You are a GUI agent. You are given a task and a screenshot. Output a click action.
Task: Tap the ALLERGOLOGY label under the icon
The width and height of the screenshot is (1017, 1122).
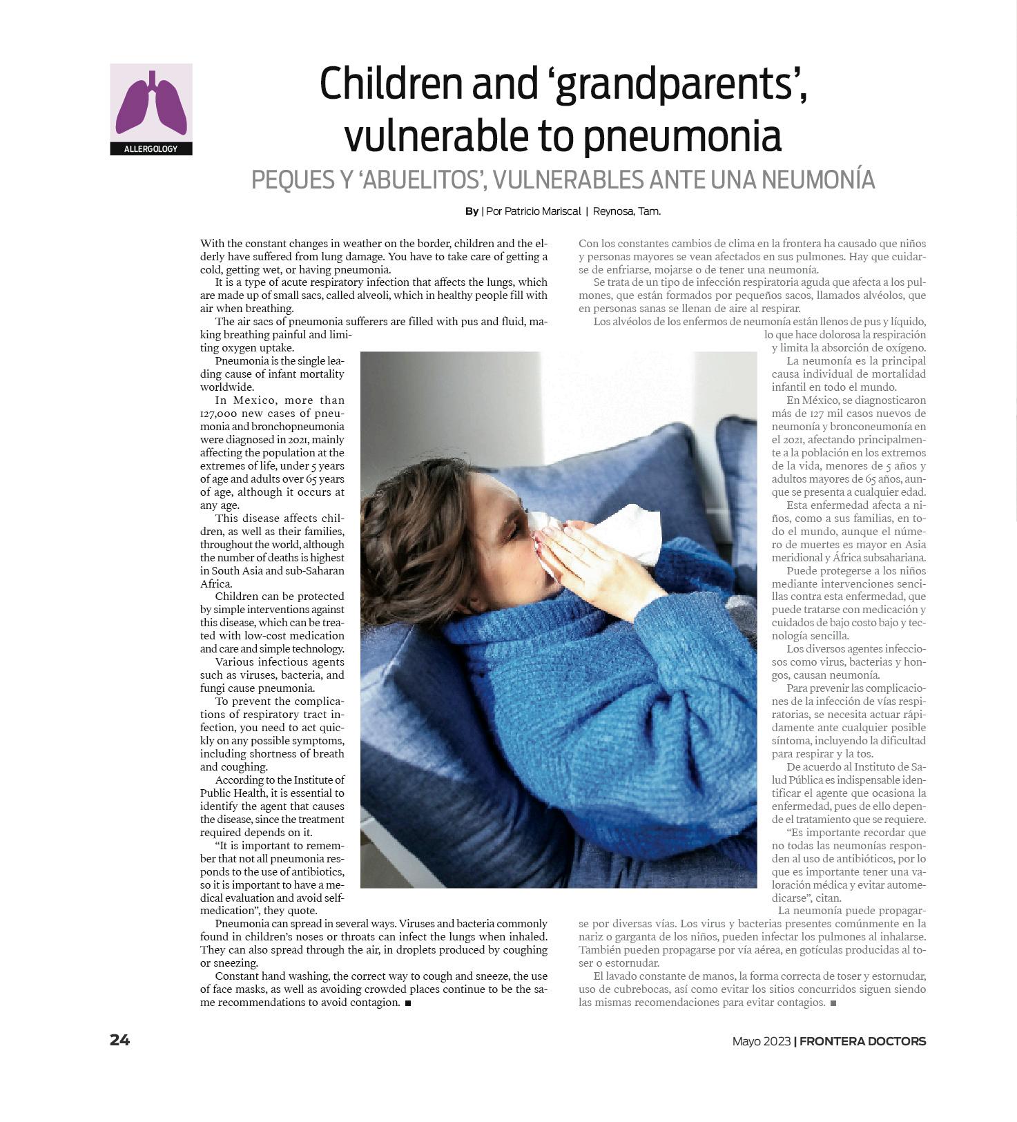(x=151, y=149)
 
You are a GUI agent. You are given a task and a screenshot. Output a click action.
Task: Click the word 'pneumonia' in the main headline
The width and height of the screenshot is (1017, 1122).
(x=681, y=136)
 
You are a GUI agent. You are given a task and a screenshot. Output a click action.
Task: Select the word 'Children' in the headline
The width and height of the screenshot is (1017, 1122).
(x=391, y=84)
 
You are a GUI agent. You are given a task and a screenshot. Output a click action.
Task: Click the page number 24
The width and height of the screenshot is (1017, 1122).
(x=119, y=1040)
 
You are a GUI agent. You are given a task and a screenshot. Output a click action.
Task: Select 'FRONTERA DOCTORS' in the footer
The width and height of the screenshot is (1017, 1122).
(x=862, y=1041)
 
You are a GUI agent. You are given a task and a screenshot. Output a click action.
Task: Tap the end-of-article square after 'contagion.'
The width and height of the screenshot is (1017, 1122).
(x=408, y=1003)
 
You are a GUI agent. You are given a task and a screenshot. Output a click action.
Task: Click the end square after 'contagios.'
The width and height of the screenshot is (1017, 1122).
(x=833, y=1003)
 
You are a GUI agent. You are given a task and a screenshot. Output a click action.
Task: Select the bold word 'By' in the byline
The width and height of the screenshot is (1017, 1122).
(x=472, y=211)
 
